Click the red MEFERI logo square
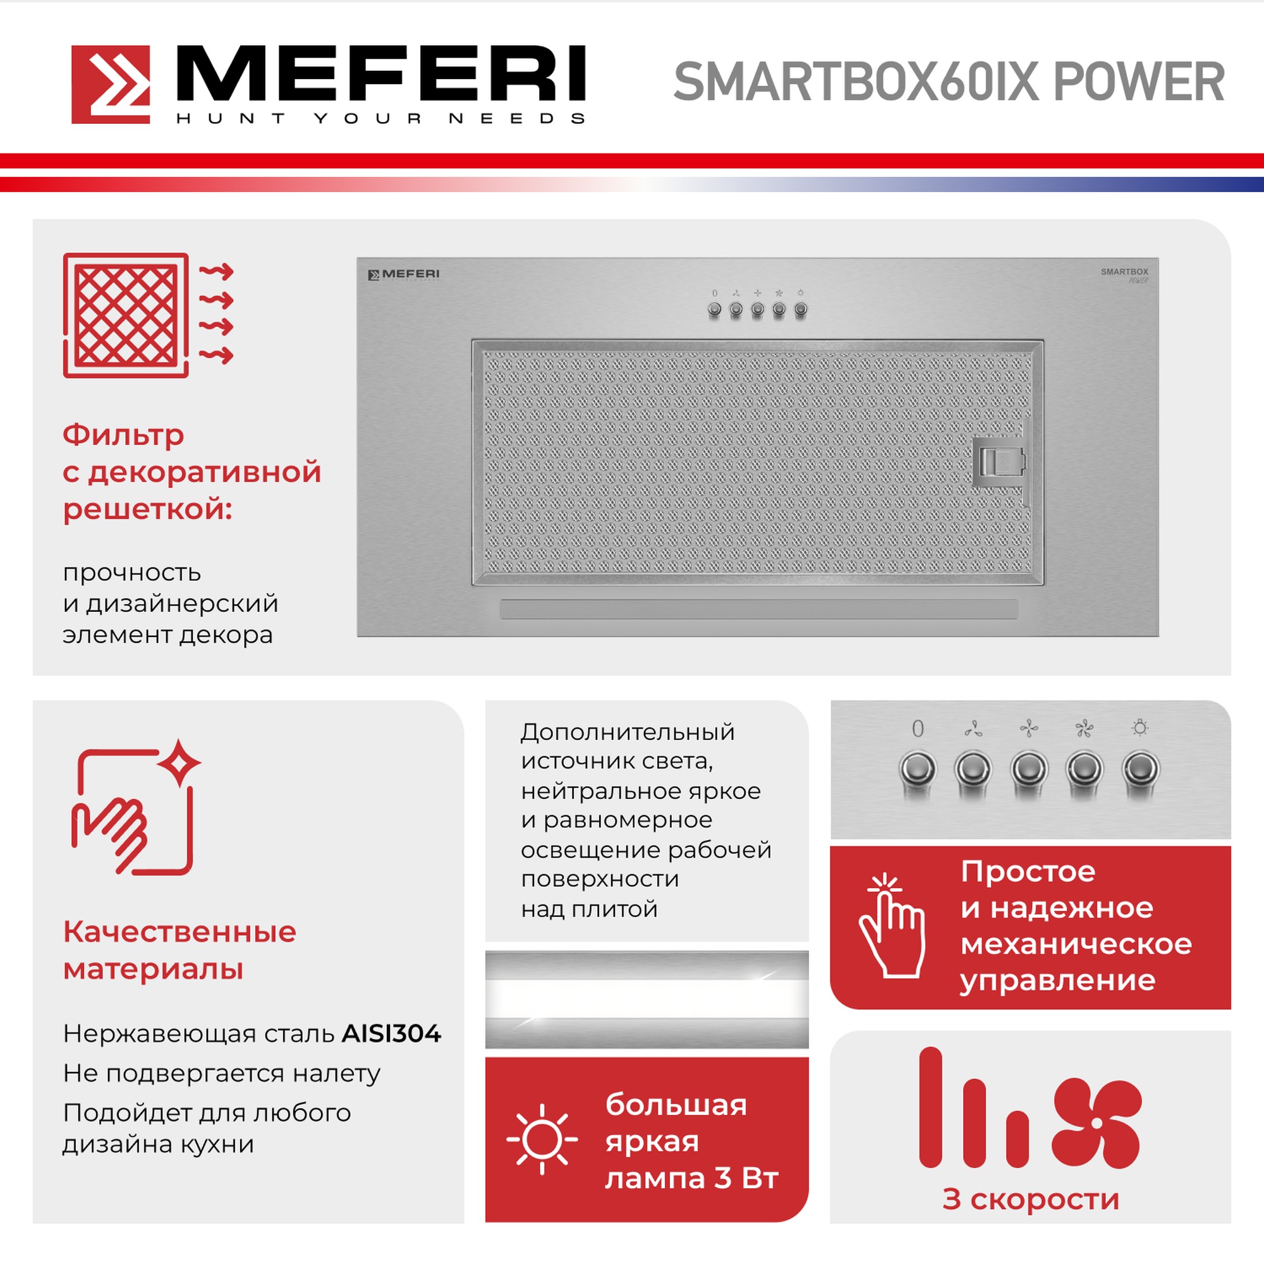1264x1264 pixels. [111, 85]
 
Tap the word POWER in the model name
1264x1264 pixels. [1138, 82]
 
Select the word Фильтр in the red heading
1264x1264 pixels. [123, 435]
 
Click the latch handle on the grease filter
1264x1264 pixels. [1000, 463]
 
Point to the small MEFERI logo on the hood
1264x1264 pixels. [404, 274]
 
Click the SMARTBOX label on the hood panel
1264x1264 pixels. [1124, 272]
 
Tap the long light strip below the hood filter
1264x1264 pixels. [758, 609]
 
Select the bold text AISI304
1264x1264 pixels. [391, 1034]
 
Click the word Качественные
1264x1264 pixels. [179, 932]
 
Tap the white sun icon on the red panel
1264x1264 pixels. [542, 1139]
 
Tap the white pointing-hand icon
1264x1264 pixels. [891, 926]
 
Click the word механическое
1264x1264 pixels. [1076, 944]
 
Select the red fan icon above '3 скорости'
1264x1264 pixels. [1097, 1122]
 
